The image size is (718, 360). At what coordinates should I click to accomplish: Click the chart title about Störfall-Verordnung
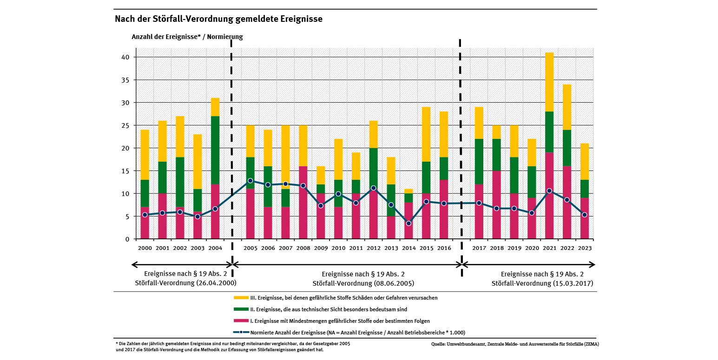218,19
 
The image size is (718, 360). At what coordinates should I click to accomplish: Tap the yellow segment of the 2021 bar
549,82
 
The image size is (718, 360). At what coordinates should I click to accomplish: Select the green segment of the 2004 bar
215,150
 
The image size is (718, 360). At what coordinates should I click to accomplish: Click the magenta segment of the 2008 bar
303,203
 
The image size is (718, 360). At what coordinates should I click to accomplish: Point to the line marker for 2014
408,223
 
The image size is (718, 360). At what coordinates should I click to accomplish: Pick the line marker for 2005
250,181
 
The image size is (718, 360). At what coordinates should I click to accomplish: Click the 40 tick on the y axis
125,57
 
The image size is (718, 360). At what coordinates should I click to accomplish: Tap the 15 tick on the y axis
125,171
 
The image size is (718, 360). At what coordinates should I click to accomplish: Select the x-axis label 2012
374,249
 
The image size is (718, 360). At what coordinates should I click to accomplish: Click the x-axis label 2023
585,249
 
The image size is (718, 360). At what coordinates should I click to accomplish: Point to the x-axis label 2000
145,249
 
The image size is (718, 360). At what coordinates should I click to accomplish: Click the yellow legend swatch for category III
241,298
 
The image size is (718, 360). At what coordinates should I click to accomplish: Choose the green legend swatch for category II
241,309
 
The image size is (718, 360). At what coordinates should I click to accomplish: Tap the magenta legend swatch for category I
241,321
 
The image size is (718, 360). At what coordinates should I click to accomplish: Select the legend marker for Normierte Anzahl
241,332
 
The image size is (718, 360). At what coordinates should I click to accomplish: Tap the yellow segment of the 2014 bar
408,191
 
